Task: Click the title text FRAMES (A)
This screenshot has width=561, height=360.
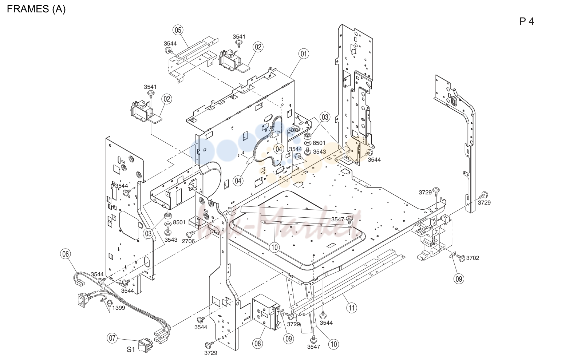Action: [36, 9]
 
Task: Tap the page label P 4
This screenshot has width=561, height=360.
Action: [527, 21]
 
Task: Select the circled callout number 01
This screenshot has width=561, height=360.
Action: [304, 54]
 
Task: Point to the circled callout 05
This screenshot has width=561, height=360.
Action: [178, 30]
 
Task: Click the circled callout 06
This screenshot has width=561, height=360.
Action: [66, 254]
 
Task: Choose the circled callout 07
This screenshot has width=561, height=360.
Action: [112, 339]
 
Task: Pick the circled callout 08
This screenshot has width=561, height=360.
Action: [258, 344]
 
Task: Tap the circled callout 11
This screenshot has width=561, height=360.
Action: [352, 308]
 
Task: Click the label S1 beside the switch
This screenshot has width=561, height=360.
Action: [131, 349]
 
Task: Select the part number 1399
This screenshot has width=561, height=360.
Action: [118, 308]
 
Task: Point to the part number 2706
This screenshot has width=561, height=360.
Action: [188, 241]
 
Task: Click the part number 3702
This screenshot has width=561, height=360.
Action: [473, 258]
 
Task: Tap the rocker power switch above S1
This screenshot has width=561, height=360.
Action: [146, 345]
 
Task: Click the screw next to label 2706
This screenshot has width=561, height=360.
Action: [191, 234]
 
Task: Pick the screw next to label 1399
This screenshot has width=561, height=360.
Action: [109, 304]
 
